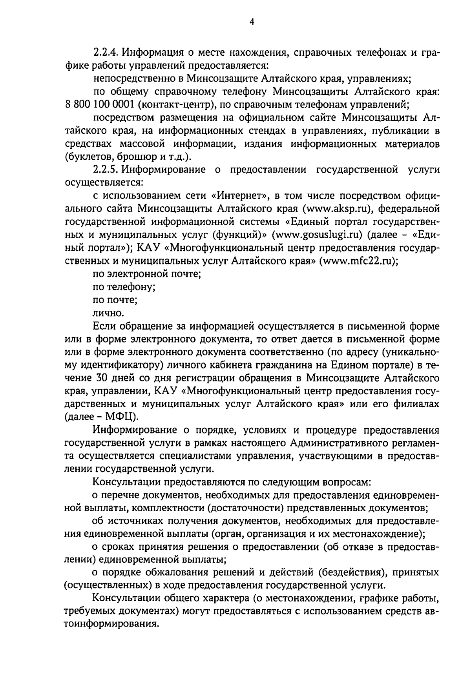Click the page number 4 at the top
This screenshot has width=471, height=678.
[252, 22]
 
